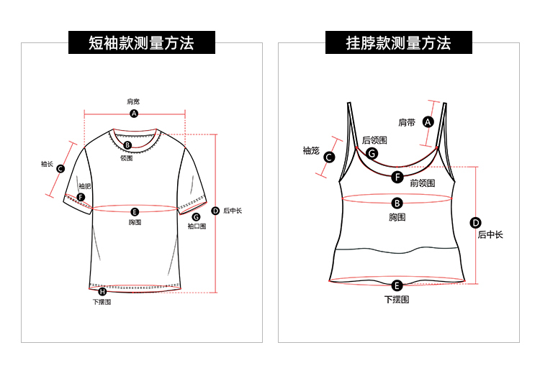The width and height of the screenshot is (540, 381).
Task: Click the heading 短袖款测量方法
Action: click(141, 42)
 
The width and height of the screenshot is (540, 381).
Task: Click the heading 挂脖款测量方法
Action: click(398, 42)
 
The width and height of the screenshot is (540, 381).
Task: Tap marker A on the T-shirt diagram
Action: click(134, 114)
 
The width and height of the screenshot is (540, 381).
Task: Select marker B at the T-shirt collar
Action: click(127, 145)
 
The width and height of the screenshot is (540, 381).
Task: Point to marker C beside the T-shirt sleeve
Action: click(60, 169)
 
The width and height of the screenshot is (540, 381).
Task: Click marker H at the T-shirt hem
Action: click(102, 291)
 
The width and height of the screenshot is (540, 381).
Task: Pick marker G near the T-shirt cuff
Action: click(196, 216)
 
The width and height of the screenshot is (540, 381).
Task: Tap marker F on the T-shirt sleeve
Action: click(81, 197)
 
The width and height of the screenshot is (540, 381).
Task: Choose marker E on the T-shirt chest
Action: click(134, 211)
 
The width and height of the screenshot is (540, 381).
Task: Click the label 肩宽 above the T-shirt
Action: click(134, 101)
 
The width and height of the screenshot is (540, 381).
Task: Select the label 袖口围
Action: click(197, 226)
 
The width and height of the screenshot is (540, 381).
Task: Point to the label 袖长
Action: click(47, 165)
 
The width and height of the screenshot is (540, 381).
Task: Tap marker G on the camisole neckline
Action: click(372, 153)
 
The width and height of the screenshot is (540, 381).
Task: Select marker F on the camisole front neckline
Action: click(397, 176)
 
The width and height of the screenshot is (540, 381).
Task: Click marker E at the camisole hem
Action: click(397, 285)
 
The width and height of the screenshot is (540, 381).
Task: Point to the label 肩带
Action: click(407, 122)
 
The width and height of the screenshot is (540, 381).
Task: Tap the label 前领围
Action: click(423, 183)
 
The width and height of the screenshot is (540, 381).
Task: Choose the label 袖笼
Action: click(310, 151)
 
